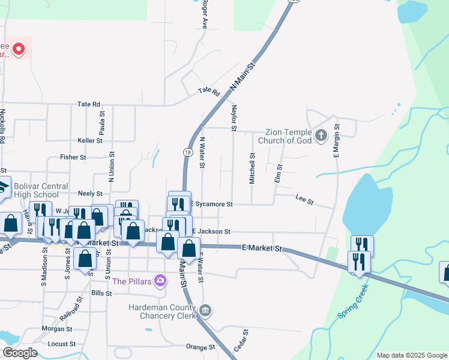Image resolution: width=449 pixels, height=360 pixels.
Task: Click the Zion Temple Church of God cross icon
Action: [321, 134]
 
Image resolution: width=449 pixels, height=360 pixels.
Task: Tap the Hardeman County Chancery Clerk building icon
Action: [205, 310]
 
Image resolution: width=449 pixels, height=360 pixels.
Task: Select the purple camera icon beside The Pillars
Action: [160, 280]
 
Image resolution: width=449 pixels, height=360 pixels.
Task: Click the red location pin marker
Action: [19, 48]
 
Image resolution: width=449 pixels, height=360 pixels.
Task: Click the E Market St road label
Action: [262, 247]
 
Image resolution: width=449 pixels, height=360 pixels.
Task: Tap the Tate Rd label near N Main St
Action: [209, 91]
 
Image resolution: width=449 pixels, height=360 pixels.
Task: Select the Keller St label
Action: [90, 140]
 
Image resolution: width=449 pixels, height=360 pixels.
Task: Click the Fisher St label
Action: [73, 157]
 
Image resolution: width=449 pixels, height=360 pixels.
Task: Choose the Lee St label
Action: [305, 199]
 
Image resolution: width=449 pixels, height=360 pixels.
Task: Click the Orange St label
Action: [200, 347]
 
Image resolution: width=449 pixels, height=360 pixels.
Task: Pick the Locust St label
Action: [61, 344]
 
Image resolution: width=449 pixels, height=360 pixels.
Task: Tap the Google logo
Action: [20, 353]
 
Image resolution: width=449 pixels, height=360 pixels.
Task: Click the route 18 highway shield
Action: [189, 153]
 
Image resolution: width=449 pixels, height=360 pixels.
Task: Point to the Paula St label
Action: [102, 122]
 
